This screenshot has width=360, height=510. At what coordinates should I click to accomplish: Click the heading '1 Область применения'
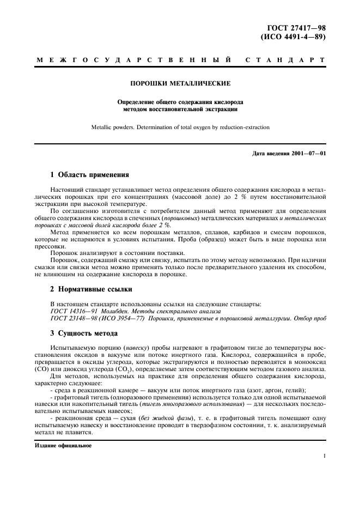point(89,175)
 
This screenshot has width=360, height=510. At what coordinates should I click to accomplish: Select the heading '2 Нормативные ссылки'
point(90,289)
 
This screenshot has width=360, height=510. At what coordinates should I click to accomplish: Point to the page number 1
point(324,457)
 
